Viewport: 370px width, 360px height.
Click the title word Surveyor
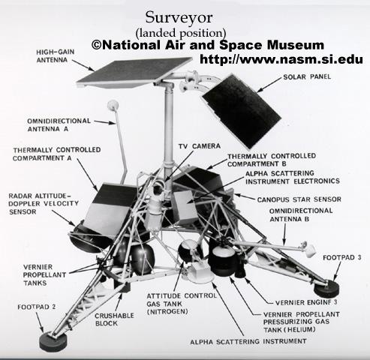[179, 18]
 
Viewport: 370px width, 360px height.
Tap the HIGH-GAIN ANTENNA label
[56, 56]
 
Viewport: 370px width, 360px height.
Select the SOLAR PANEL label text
[307, 76]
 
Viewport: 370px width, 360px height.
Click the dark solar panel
[242, 111]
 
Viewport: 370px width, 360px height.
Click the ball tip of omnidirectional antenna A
[113, 105]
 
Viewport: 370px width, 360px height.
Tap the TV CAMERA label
[200, 146]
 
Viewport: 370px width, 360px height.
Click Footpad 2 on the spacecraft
[53, 341]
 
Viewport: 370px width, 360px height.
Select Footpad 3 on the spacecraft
[326, 289]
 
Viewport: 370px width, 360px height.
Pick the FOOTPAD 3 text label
[342, 257]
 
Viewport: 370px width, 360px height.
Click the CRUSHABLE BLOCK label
[114, 319]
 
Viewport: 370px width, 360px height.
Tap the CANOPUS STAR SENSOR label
[299, 199]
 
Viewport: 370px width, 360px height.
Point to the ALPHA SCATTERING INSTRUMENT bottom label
[248, 341]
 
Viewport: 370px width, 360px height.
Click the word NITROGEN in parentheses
[167, 312]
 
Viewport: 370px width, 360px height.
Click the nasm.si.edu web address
[281, 59]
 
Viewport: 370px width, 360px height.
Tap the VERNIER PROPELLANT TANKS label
[44, 275]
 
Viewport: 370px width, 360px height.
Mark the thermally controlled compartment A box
[110, 209]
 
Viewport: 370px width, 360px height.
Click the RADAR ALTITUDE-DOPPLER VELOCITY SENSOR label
[44, 204]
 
